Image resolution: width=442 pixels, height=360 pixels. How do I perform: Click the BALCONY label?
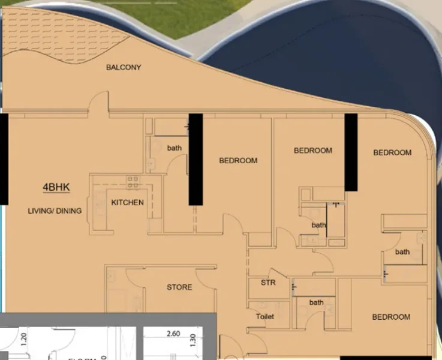coord(124,67)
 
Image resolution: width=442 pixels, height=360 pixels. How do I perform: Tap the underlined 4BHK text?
coord(56,187)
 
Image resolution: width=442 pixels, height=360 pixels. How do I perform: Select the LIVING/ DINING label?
coord(55,211)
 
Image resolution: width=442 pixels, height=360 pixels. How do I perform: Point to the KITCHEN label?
coord(127,202)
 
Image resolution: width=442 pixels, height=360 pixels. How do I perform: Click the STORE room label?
coord(179,287)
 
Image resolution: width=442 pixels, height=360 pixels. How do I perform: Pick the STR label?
coord(268,283)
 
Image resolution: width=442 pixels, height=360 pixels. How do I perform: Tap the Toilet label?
coord(264,316)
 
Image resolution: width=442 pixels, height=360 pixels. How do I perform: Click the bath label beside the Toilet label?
coord(316,302)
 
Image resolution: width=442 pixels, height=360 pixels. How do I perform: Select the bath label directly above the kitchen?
coord(174,148)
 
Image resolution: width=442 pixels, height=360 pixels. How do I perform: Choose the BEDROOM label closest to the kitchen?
coord(238,160)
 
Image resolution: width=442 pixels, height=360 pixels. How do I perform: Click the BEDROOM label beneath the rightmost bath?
coord(391,317)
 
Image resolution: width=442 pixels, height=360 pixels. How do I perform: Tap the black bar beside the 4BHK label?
coord(4,159)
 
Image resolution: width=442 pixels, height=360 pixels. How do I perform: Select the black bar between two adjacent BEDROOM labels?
coord(351,152)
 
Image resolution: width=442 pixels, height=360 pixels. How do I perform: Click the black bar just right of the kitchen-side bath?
coord(196,159)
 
